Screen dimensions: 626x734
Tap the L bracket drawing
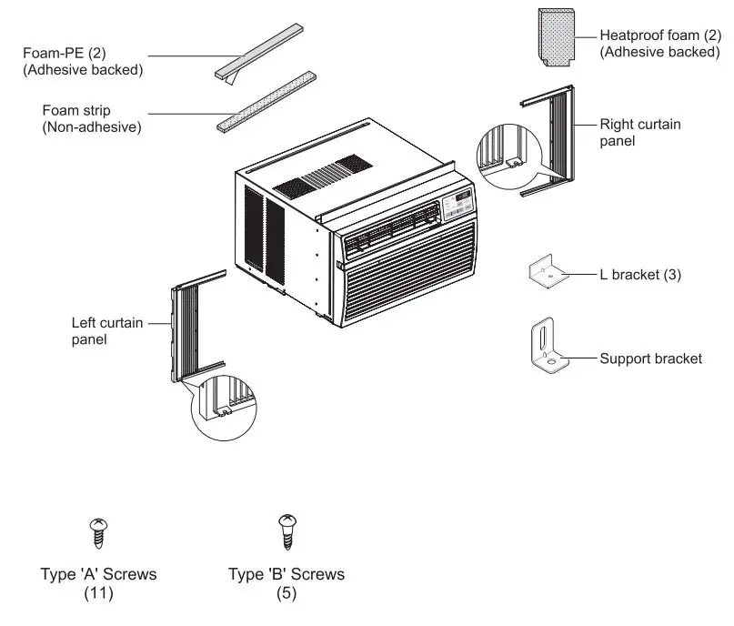click(548, 273)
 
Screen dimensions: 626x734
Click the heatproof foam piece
click(555, 38)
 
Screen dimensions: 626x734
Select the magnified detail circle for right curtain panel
click(510, 153)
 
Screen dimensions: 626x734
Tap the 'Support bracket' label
click(650, 358)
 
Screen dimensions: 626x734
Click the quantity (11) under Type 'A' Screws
click(98, 594)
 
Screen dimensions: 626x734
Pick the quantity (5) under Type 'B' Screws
click(287, 594)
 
